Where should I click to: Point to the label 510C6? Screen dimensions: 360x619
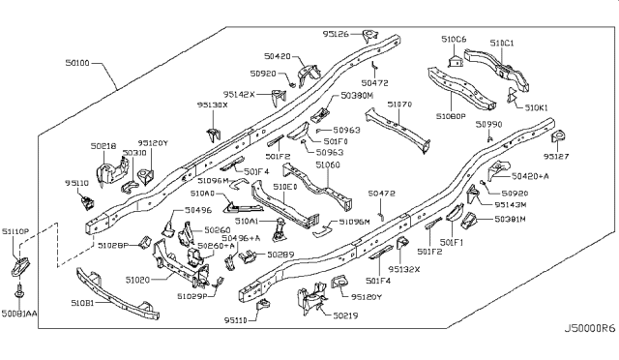point(454,40)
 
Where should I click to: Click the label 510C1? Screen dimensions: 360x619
point(502,43)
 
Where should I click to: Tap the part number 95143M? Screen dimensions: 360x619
point(507,204)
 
